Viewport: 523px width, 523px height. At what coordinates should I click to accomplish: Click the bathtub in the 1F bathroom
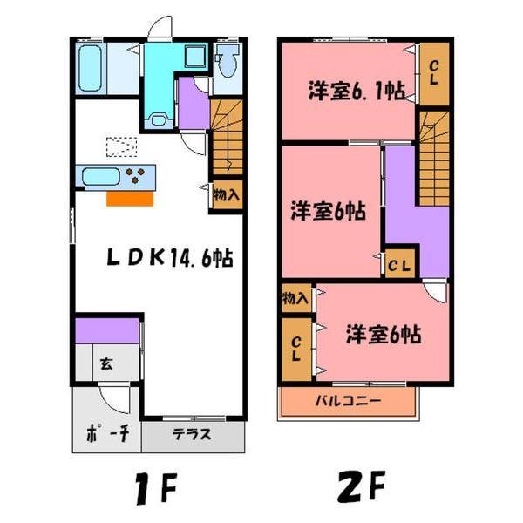coord(91,69)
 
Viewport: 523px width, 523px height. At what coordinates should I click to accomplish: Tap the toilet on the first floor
coord(227,62)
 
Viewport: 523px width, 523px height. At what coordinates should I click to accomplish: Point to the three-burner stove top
coord(137,177)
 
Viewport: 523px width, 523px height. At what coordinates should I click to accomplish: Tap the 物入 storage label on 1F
coord(226,196)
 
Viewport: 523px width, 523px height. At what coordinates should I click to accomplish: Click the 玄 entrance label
coord(105,363)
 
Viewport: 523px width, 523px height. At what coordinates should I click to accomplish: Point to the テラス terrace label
coord(190,436)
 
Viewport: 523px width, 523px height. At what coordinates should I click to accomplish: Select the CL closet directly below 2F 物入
coord(295,349)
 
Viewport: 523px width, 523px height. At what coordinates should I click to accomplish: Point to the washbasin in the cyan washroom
coord(159,120)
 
